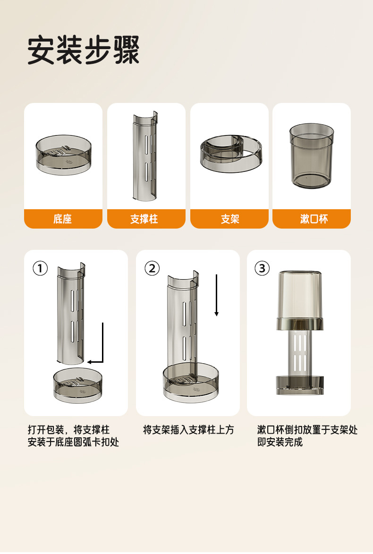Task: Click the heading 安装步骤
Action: click(x=84, y=50)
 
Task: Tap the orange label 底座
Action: click(x=63, y=219)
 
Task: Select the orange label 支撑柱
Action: click(x=144, y=219)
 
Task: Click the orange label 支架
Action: click(x=230, y=219)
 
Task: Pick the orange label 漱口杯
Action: click(x=314, y=219)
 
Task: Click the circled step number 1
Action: click(x=40, y=269)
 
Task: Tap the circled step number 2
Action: click(x=152, y=269)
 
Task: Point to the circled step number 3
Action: click(x=262, y=269)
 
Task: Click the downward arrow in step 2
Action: click(x=217, y=295)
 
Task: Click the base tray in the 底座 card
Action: click(x=64, y=154)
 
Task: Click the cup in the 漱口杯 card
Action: click(x=312, y=156)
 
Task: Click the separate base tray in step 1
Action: click(x=77, y=385)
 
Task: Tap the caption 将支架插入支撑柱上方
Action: click(x=188, y=430)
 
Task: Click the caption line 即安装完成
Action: click(x=280, y=442)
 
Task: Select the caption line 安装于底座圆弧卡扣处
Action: click(x=74, y=442)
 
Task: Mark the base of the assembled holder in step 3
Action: click(x=299, y=385)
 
